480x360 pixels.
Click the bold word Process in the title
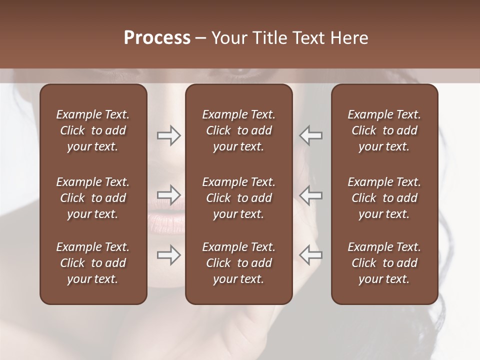(157, 38)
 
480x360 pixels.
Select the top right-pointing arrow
(168, 135)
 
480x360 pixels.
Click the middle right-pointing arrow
(168, 195)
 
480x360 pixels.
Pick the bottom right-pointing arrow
(168, 255)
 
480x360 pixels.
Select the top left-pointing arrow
(310, 135)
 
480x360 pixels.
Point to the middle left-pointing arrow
(310, 195)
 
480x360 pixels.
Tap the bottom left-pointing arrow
(310, 255)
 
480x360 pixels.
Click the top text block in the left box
(93, 130)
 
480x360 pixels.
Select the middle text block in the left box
(93, 198)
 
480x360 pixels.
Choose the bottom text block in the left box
(93, 263)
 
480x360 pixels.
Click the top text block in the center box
(238, 130)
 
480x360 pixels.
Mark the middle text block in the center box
(238, 198)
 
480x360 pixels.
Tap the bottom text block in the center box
(238, 263)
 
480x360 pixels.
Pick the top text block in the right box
(384, 130)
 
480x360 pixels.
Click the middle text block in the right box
(384, 198)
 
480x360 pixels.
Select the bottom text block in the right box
(384, 263)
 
